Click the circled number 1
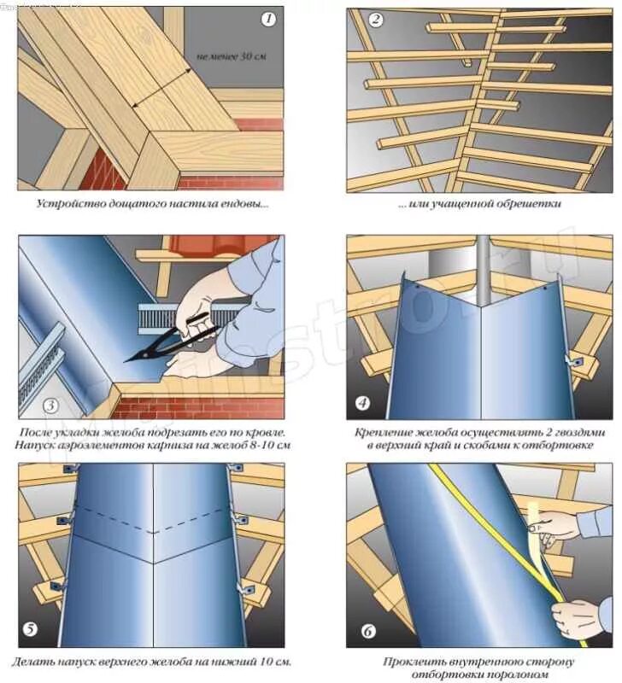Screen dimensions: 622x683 (x=268, y=19)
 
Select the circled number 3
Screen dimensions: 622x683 (x=50, y=406)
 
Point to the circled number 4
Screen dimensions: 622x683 (x=362, y=404)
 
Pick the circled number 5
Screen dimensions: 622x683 (x=31, y=630)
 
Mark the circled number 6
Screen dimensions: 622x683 (x=368, y=632)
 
